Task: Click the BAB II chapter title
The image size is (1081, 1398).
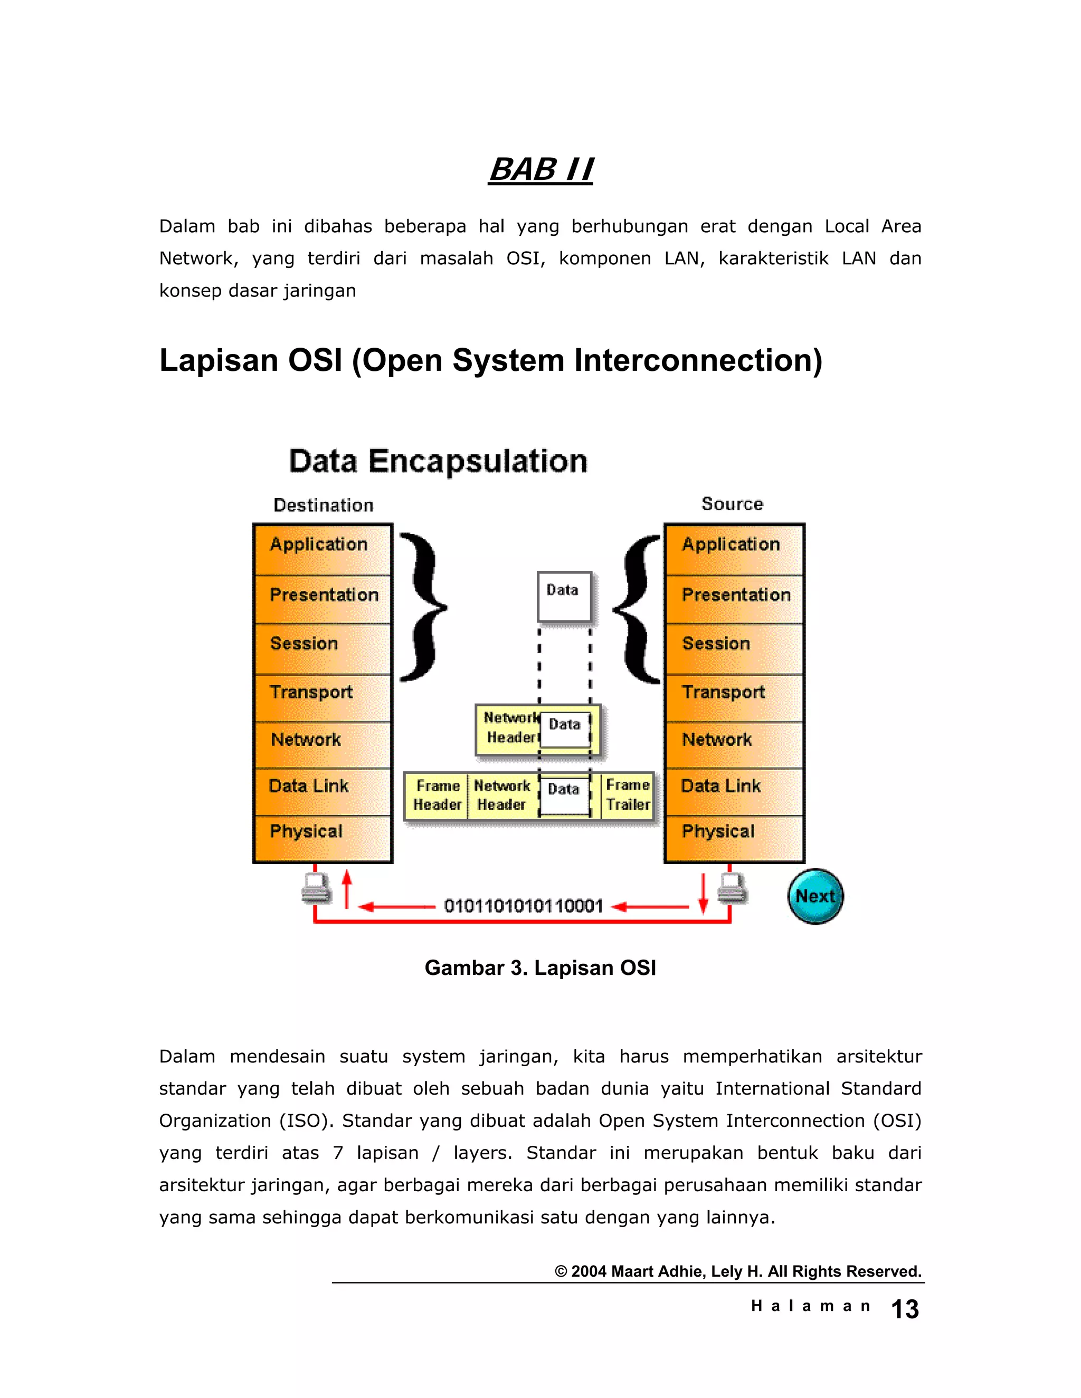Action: pyautogui.click(x=540, y=170)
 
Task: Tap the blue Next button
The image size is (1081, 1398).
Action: pyautogui.click(x=814, y=896)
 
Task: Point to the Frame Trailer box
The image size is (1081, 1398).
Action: pyautogui.click(x=628, y=795)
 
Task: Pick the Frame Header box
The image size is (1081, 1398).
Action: pyautogui.click(x=438, y=795)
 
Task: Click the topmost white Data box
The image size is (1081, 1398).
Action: pyautogui.click(x=564, y=595)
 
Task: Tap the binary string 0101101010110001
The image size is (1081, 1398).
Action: pyautogui.click(x=523, y=906)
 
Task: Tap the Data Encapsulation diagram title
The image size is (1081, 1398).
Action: pyautogui.click(x=438, y=462)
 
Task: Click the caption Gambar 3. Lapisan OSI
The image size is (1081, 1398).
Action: pyautogui.click(x=540, y=968)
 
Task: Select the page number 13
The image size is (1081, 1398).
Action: pyautogui.click(x=904, y=1310)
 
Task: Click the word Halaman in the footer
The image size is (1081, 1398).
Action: pyautogui.click(x=810, y=1306)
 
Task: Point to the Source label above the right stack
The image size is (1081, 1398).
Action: pyautogui.click(x=732, y=504)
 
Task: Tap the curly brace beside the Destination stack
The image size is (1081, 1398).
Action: pyautogui.click(x=423, y=606)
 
